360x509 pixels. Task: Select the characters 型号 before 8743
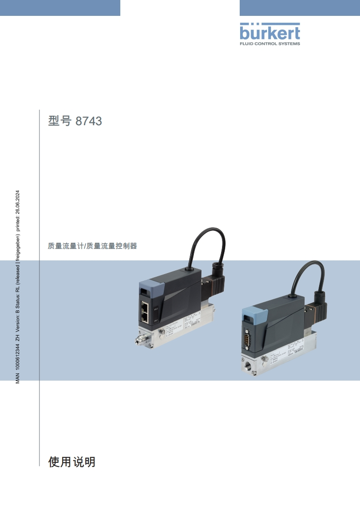point(59,122)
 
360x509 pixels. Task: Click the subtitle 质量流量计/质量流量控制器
point(92,246)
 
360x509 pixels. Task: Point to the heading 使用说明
point(72,462)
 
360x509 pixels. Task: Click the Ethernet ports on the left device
point(146,311)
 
